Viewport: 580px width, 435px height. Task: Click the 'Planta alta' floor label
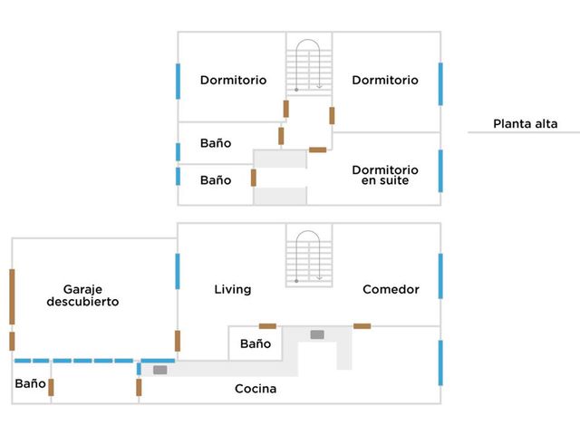tap(526, 123)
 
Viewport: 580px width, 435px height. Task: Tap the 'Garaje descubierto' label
tap(82, 295)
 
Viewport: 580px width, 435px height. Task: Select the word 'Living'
tap(233, 289)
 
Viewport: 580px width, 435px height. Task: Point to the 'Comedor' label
tap(391, 289)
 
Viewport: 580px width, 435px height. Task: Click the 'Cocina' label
tap(256, 389)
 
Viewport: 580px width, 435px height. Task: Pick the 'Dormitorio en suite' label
tap(385, 175)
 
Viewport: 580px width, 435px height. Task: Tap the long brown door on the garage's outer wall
tap(12, 296)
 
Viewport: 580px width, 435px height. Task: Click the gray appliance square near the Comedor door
tap(317, 334)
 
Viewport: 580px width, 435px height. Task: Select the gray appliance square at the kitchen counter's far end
tap(160, 370)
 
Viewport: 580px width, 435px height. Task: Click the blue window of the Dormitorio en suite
tap(440, 171)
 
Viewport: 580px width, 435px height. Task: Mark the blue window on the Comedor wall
tap(440, 275)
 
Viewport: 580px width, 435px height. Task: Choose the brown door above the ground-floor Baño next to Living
tap(267, 326)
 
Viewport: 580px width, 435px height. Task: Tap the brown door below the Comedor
tap(362, 326)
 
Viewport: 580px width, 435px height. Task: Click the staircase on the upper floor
tap(309, 66)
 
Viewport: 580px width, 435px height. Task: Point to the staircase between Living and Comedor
tap(309, 257)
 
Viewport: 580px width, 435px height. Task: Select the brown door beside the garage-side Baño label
tap(51, 387)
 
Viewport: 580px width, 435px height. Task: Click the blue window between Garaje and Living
tap(178, 271)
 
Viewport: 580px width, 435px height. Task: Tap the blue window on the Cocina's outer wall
tap(440, 362)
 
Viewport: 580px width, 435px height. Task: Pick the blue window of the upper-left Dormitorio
tap(178, 81)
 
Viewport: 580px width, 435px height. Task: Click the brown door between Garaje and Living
tap(178, 341)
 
